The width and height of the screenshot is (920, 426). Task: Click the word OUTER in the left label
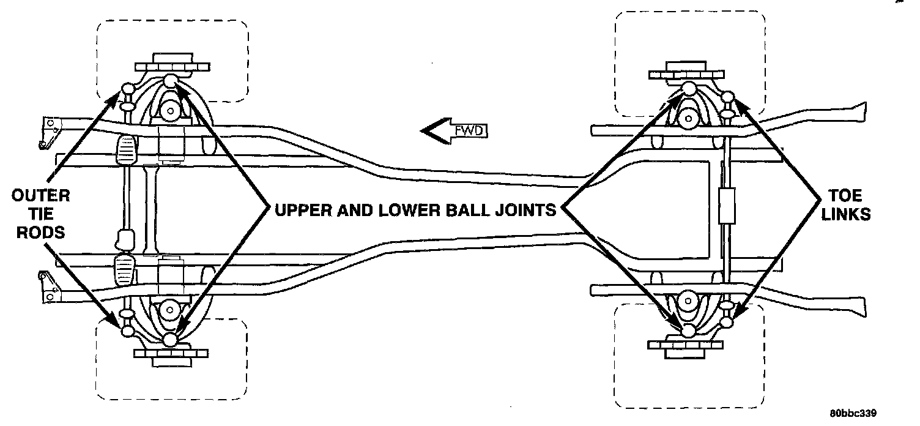pos(40,196)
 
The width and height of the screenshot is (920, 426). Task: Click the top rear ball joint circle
pos(689,88)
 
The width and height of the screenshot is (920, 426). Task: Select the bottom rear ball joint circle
pos(689,330)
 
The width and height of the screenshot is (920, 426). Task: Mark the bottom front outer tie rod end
pos(128,331)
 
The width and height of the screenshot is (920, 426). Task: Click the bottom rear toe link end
pos(727,321)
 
